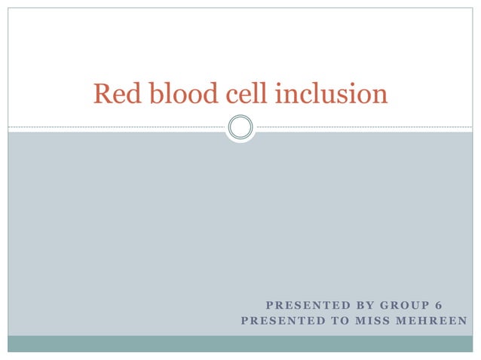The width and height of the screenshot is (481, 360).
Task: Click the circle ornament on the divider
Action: click(240, 127)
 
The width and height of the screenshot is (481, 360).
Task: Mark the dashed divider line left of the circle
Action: click(113, 127)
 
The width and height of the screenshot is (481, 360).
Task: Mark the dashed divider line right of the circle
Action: click(362, 127)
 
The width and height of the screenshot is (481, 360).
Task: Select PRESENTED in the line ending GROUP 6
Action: click(302, 305)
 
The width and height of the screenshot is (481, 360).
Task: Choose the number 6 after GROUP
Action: click(439, 305)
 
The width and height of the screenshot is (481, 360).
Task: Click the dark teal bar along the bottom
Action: click(240, 343)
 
